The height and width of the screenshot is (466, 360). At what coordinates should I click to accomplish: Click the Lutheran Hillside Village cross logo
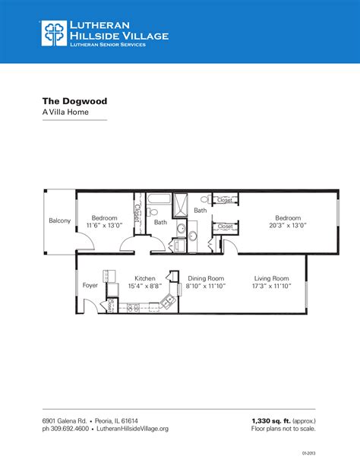[54, 33]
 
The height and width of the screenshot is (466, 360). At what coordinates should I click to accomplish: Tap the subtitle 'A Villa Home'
[65, 112]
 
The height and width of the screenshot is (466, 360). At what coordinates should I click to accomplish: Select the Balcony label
[60, 220]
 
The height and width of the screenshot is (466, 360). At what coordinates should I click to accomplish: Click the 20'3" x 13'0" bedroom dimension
[288, 226]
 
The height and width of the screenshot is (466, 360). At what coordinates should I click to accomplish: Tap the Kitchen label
[145, 278]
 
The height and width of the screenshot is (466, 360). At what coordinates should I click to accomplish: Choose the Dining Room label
[206, 278]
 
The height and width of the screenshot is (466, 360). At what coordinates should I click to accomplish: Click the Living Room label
[271, 278]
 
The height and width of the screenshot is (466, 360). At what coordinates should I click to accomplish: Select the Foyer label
[90, 287]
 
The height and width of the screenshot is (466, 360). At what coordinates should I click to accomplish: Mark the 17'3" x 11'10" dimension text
[271, 287]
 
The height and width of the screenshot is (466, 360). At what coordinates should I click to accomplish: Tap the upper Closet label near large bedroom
[225, 200]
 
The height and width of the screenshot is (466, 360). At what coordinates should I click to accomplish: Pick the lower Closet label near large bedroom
[225, 226]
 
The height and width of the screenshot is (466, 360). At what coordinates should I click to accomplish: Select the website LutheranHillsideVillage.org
[131, 429]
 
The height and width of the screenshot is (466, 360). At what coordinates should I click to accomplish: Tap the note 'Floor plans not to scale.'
[283, 429]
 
